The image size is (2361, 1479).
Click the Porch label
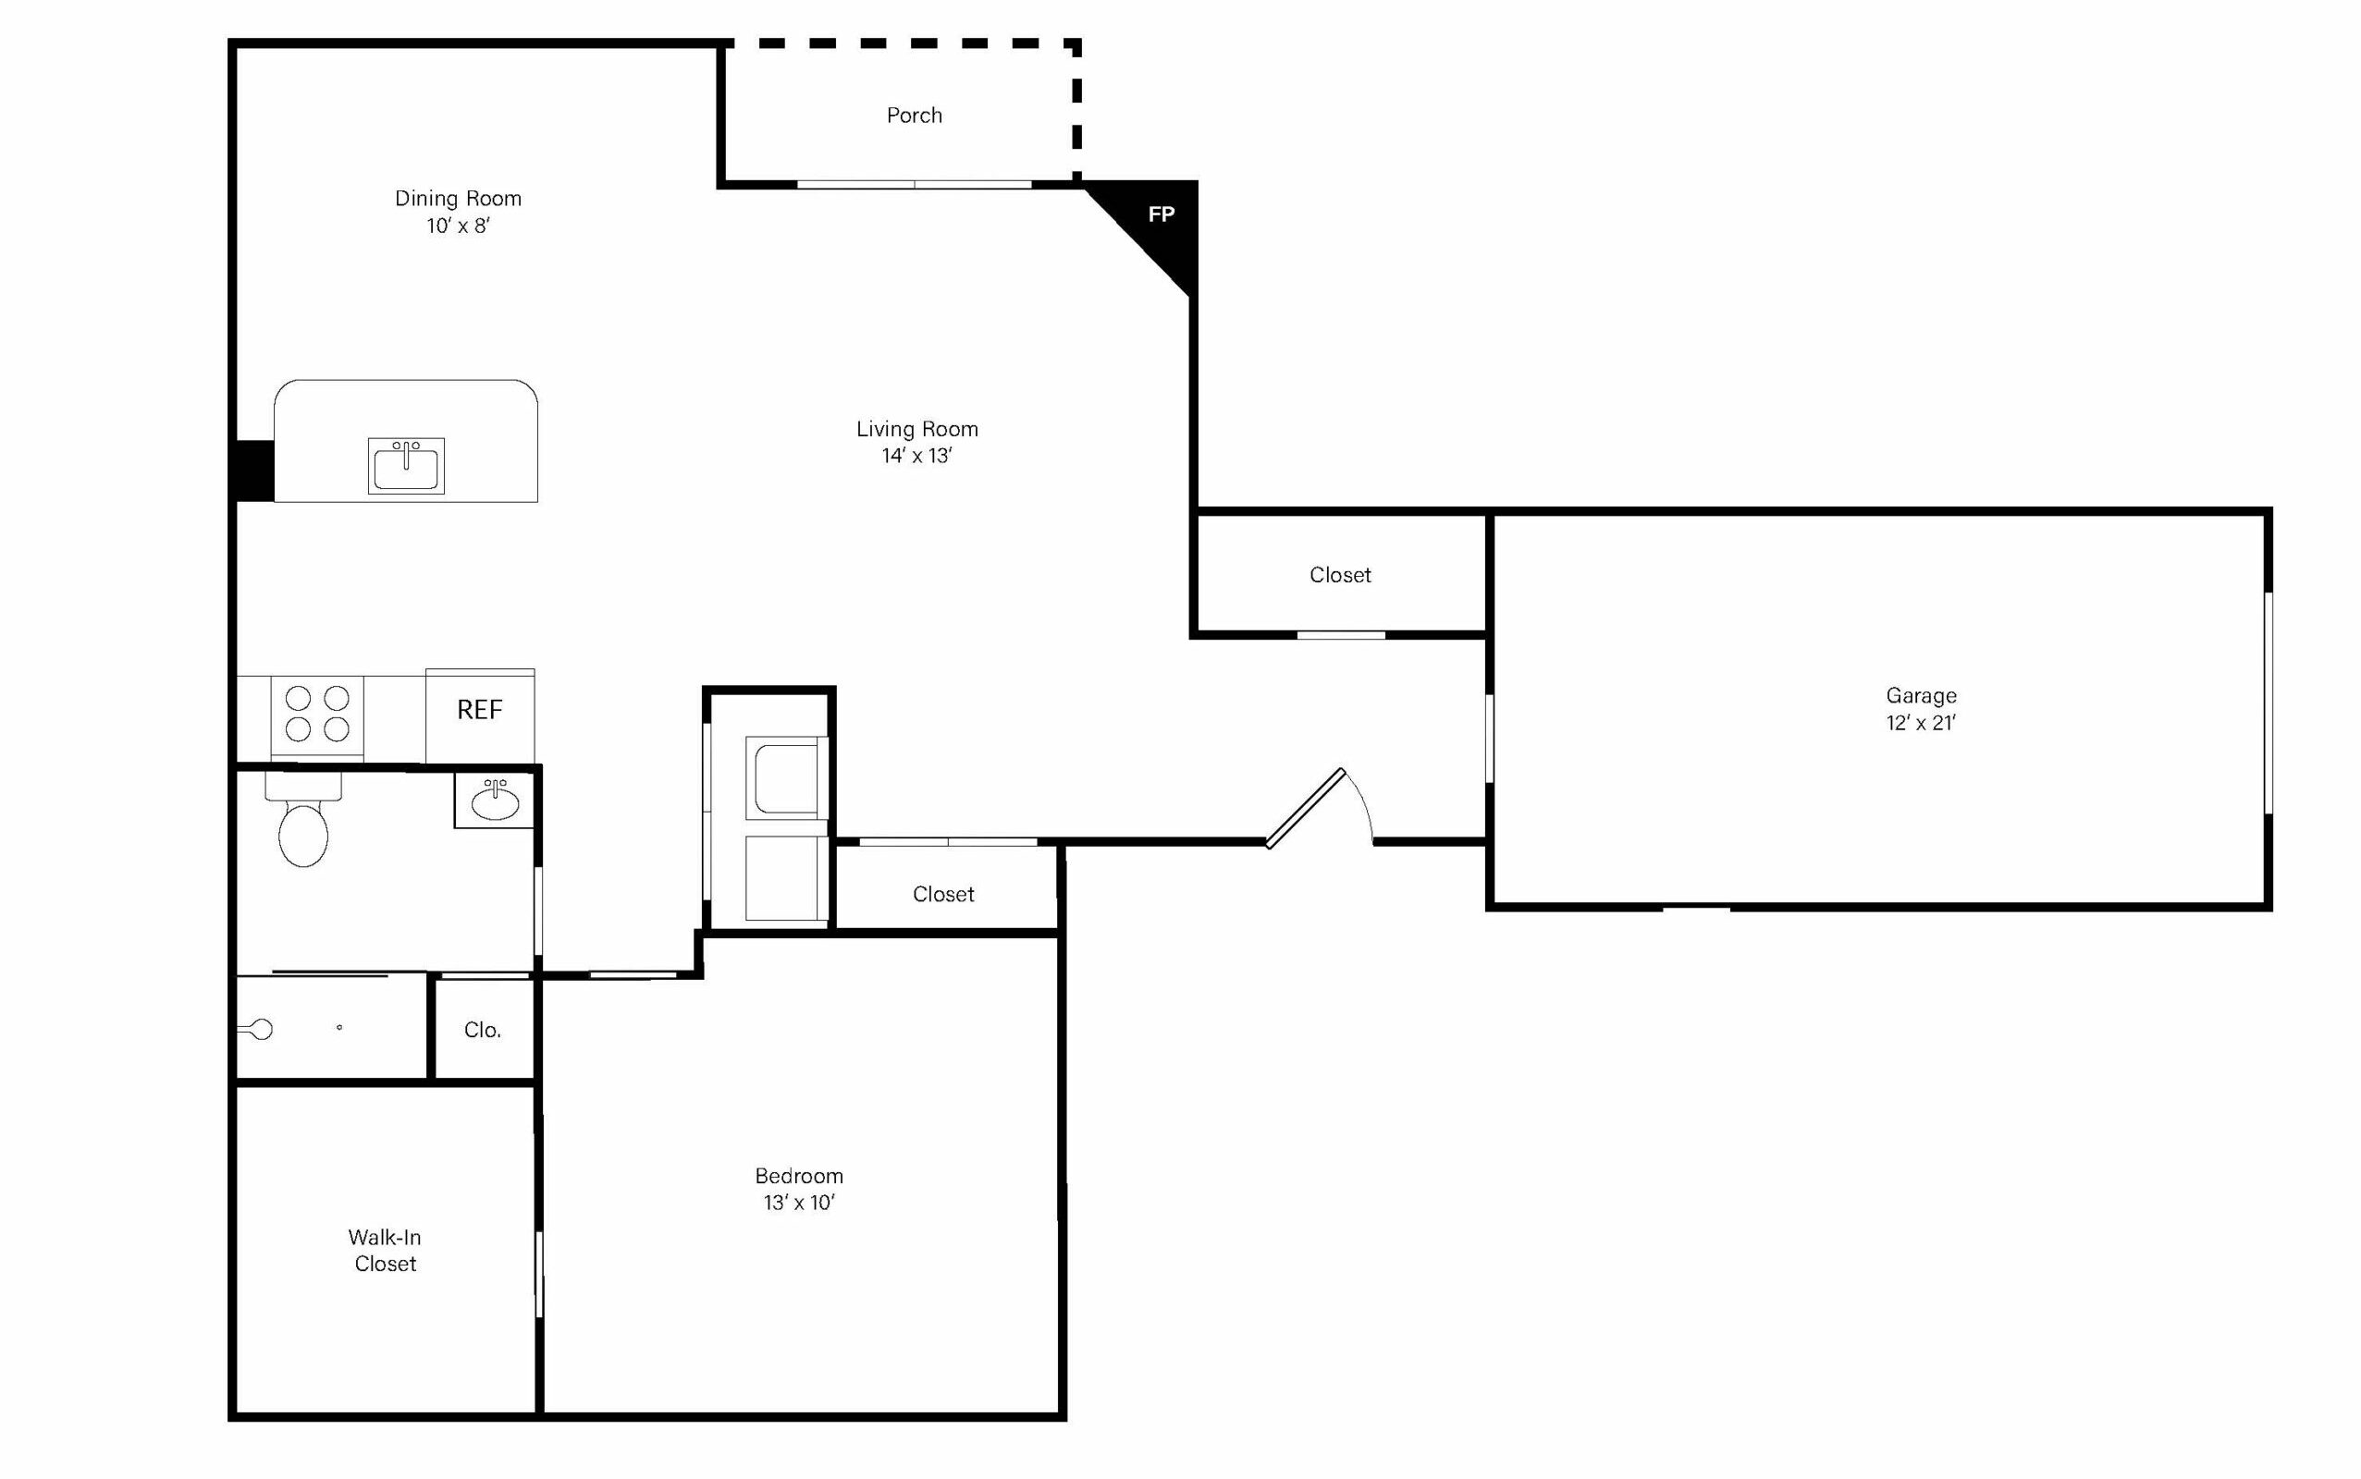(x=914, y=116)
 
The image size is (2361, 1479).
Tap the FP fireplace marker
(x=1161, y=214)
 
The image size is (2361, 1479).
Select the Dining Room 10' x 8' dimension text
(x=458, y=226)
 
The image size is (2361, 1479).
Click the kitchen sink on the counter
(x=406, y=466)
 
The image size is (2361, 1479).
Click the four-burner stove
(x=317, y=714)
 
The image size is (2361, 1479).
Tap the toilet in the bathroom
(x=303, y=822)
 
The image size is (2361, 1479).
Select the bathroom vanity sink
(x=495, y=801)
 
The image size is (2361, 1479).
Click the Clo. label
(x=483, y=1030)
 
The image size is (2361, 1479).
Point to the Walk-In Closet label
(x=386, y=1251)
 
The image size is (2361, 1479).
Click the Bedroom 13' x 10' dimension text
(x=799, y=1204)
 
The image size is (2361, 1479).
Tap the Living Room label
(x=916, y=430)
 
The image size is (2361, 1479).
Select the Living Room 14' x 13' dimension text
(x=916, y=456)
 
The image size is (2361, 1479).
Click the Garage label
(x=1922, y=695)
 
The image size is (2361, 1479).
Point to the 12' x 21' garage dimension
(x=1922, y=723)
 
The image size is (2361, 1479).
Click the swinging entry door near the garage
(x=1305, y=808)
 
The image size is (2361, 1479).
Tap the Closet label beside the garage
(x=1340, y=575)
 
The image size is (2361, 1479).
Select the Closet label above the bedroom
(x=943, y=894)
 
